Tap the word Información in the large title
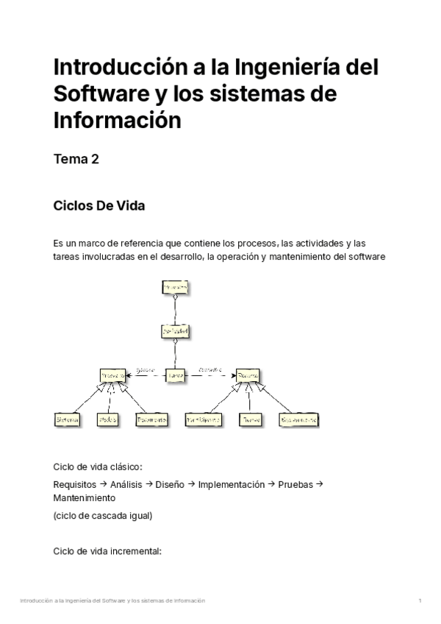click(117, 119)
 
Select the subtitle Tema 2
click(76, 160)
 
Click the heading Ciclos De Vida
click(99, 205)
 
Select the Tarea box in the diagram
click(176, 375)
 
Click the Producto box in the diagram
click(112, 375)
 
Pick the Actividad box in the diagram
click(176, 332)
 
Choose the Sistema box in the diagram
click(68, 419)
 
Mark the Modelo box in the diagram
click(109, 419)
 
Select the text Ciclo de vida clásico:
click(98, 467)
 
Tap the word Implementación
click(232, 484)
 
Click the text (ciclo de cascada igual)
click(103, 516)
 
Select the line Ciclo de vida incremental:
click(107, 551)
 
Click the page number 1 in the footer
click(420, 601)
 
